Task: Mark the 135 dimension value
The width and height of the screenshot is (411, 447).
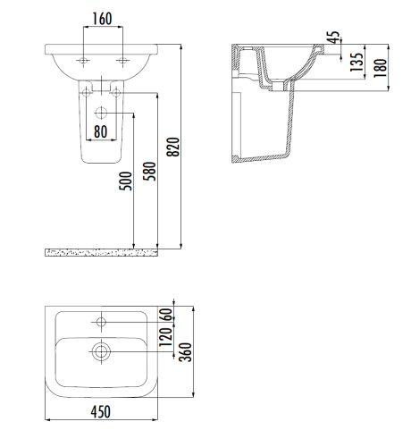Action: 356,63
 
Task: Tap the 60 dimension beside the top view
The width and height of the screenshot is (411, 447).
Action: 165,316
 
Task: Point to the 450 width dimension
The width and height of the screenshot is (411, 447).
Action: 103,411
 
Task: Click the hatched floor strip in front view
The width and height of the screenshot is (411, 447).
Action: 101,253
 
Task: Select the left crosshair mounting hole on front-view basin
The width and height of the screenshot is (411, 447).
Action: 84,61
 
